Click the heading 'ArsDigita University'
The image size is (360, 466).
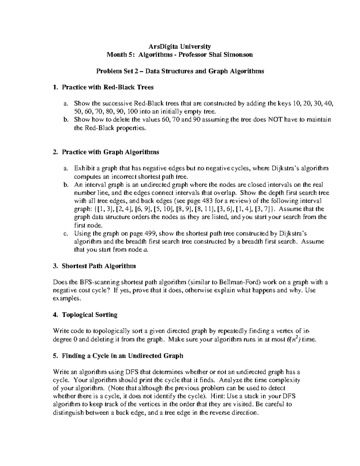click(x=180, y=47)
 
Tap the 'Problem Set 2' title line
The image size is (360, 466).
click(x=180, y=71)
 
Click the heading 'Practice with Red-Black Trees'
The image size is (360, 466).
click(x=107, y=87)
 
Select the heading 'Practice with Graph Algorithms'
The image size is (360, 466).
click(x=110, y=152)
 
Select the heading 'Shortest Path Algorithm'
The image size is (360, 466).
click(x=98, y=266)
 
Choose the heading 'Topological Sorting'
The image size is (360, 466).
click(x=89, y=315)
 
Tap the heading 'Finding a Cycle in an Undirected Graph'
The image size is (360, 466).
click(x=122, y=356)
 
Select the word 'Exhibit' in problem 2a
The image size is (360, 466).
click(x=84, y=168)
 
